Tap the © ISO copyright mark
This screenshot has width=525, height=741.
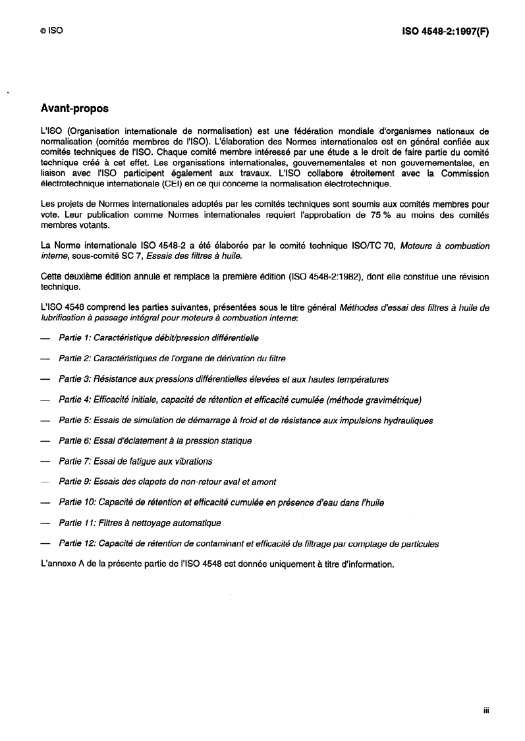click(x=51, y=31)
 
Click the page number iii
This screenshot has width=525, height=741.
click(x=485, y=711)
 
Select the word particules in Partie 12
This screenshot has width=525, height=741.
click(x=418, y=544)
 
